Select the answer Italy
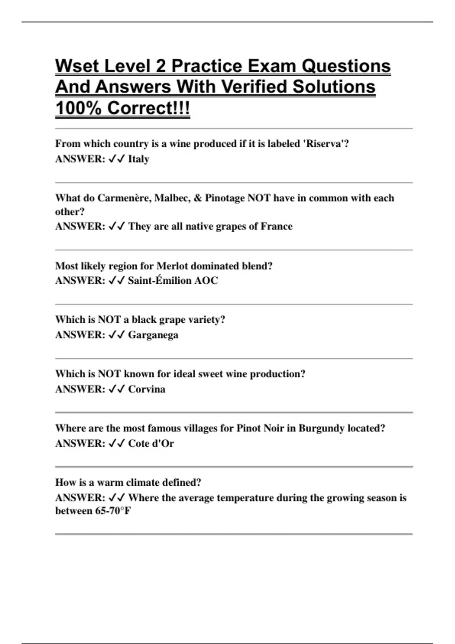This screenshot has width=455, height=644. click(x=138, y=159)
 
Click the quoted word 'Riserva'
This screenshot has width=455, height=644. click(x=327, y=144)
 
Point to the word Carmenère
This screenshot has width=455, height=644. click(x=124, y=198)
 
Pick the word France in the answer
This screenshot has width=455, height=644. click(x=276, y=227)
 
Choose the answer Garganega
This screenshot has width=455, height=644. click(x=153, y=335)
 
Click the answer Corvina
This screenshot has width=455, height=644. click(x=147, y=389)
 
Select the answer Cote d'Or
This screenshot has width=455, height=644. click(x=151, y=444)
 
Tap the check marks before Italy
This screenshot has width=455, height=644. click(x=116, y=159)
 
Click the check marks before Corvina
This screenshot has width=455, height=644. click(x=116, y=389)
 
